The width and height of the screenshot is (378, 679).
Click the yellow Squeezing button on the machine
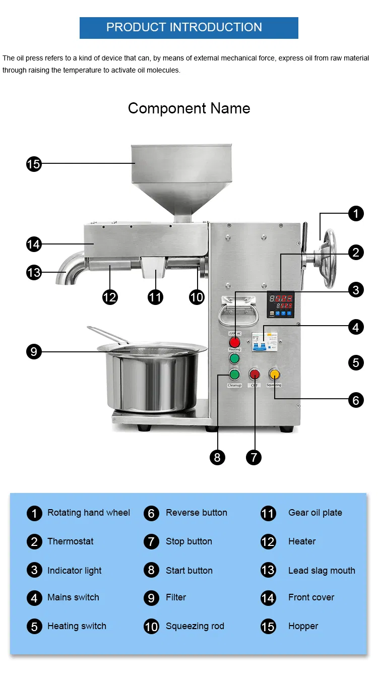tap(274, 374)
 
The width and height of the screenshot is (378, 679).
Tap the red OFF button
tap(254, 374)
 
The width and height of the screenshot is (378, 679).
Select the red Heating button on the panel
tap(235, 342)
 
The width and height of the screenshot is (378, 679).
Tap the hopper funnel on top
tap(181, 171)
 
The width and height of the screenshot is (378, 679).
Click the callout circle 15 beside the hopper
tap(34, 163)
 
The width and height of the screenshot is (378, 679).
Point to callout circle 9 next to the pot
tap(34, 351)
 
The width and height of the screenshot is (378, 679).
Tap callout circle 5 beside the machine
tap(356, 362)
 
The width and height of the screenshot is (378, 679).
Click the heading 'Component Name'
tap(189, 108)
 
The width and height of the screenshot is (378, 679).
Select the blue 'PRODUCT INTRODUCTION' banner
tap(189, 28)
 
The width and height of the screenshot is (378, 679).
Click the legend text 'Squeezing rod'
tap(195, 626)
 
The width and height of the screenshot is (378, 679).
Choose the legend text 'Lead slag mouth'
tap(322, 571)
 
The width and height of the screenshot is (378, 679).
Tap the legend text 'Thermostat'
tap(71, 541)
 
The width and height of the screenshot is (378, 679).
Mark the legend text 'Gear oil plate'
tap(315, 513)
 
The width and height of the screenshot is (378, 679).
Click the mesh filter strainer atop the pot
tap(151, 348)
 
